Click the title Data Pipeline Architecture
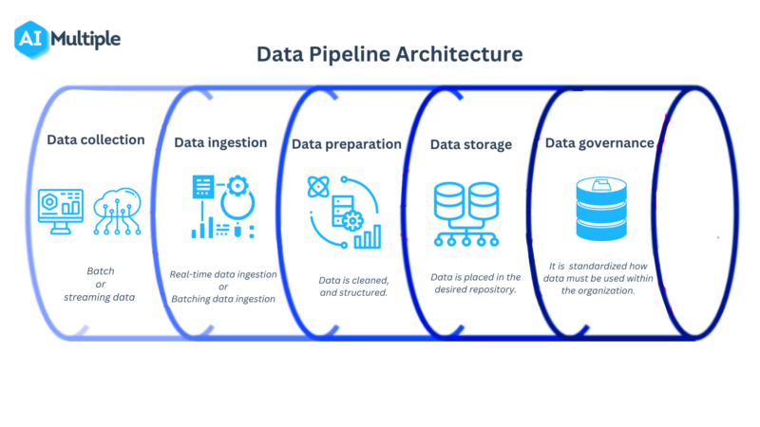pyautogui.click(x=389, y=54)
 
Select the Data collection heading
pyautogui.click(x=96, y=139)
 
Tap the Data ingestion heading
pyautogui.click(x=220, y=142)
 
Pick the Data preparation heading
pyautogui.click(x=347, y=144)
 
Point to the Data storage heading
pyautogui.click(x=470, y=144)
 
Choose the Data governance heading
pyautogui.click(x=598, y=142)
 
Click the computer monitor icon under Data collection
pyautogui.click(x=60, y=210)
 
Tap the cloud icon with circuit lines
pyautogui.click(x=118, y=211)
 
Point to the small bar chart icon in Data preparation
pyautogui.click(x=367, y=235)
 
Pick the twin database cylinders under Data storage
pyautogui.click(x=465, y=202)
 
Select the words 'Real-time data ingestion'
pyautogui.click(x=223, y=274)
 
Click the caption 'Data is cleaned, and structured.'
pyautogui.click(x=353, y=287)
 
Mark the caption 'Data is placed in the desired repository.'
pyautogui.click(x=476, y=284)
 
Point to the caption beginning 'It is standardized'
pyautogui.click(x=598, y=278)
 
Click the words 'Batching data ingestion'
pyautogui.click(x=223, y=299)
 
